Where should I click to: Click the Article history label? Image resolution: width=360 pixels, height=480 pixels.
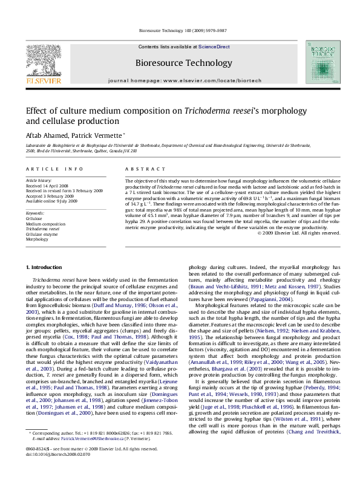coord(39,181)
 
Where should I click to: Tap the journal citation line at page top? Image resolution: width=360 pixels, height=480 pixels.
coord(180,30)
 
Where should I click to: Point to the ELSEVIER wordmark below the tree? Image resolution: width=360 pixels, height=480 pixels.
coord(39,79)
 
